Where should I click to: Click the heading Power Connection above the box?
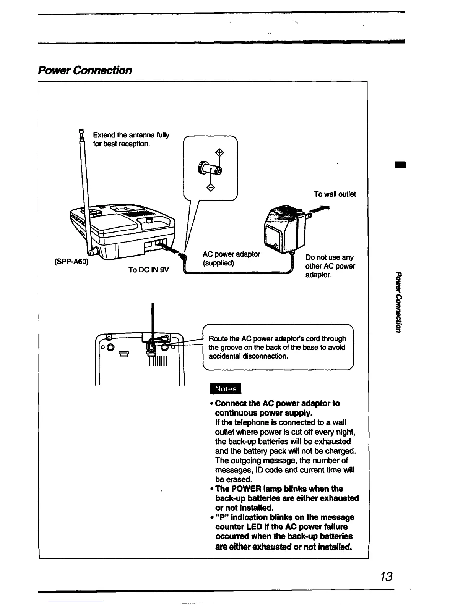click(85, 70)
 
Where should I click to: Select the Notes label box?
click(226, 389)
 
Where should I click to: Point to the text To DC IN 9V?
click(149, 270)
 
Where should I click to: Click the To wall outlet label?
click(335, 194)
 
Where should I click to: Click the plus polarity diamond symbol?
click(219, 153)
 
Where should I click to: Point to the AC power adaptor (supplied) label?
click(231, 259)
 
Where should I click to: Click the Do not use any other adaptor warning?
click(330, 266)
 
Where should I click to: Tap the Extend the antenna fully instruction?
click(131, 139)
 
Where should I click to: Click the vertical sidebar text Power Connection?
click(399, 302)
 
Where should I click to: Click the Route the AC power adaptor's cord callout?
click(277, 347)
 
